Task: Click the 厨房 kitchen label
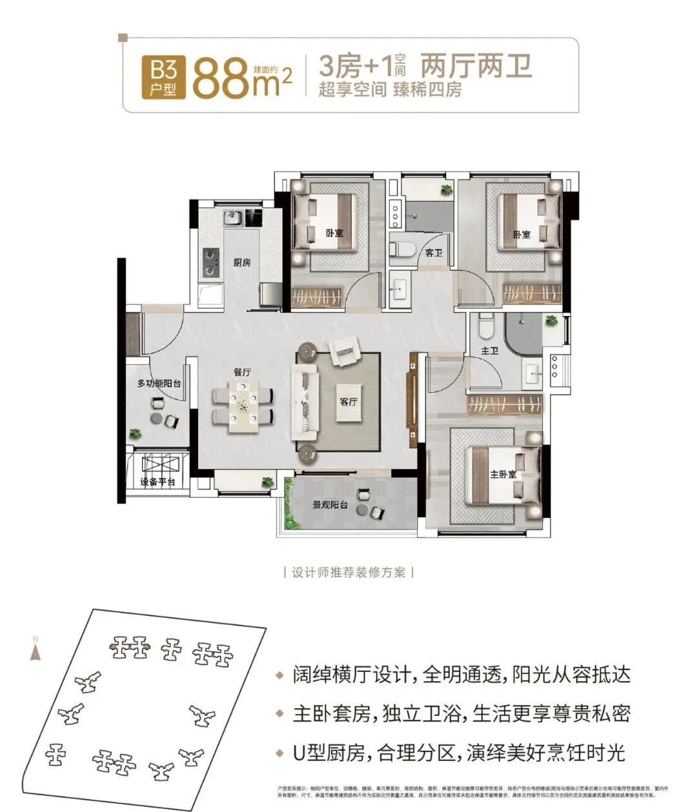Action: pos(242,262)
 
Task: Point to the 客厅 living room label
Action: pos(348,401)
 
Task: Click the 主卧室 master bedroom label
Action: pos(503,474)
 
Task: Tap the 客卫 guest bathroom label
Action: pos(433,253)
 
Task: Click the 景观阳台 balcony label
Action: pos(330,505)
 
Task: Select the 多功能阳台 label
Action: pos(158,384)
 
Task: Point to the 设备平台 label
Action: pos(158,482)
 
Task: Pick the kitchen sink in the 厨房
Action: pos(234,218)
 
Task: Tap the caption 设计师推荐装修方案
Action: pos(348,572)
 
